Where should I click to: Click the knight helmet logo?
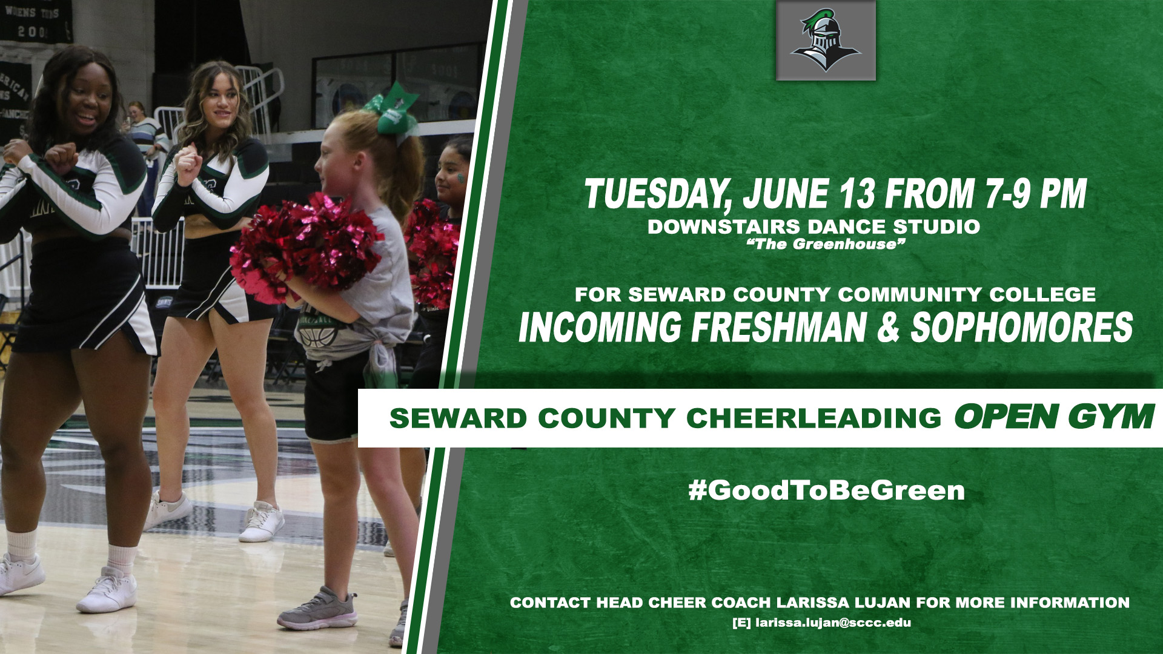click(826, 41)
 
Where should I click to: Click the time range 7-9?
click(1008, 194)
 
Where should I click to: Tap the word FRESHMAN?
click(779, 327)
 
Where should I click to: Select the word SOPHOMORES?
click(1022, 327)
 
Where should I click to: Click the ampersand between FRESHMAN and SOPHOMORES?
click(889, 328)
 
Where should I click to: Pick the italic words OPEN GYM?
click(1053, 417)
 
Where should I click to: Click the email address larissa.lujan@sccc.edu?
click(833, 623)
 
